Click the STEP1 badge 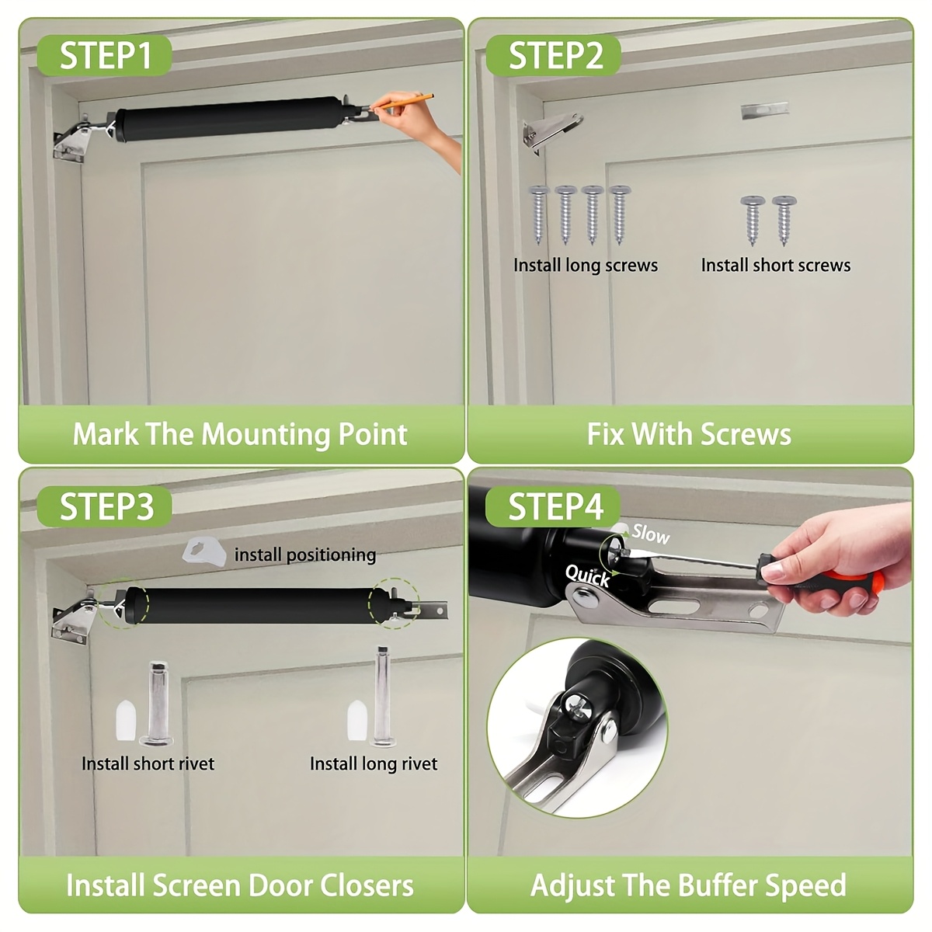[x=105, y=55]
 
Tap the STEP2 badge [x=553, y=55]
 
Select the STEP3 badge [x=105, y=506]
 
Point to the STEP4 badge [x=553, y=506]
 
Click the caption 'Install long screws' [x=586, y=265]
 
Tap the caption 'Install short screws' [x=775, y=265]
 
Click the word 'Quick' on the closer [x=588, y=576]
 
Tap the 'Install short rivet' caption [x=148, y=763]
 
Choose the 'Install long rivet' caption [x=374, y=763]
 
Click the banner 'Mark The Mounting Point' [x=240, y=434]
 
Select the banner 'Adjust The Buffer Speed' [x=688, y=885]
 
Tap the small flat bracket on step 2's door [x=765, y=110]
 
